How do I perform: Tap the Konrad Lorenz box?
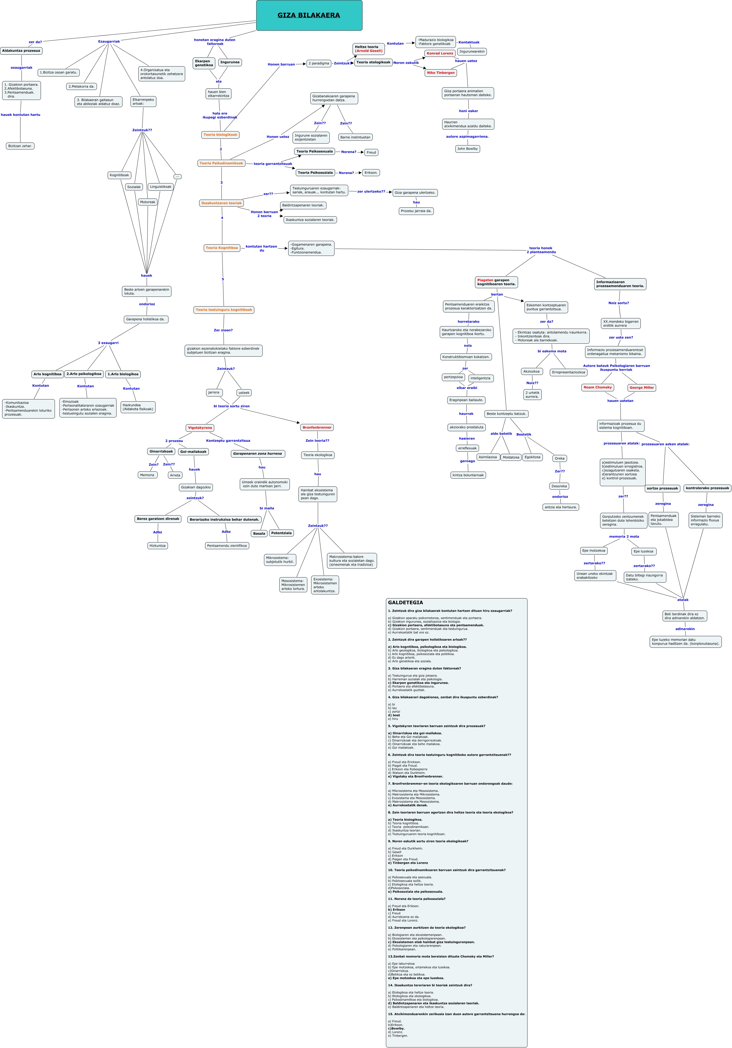coord(440,53)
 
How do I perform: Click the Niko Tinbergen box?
coord(441,72)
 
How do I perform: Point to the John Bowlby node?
coord(467,149)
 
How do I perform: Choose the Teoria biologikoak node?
coord(220,135)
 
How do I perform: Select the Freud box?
coord(371,152)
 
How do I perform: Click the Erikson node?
coord(371,173)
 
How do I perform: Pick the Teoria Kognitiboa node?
coord(222,248)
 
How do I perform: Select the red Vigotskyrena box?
coord(200,428)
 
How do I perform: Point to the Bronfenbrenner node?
coord(317,427)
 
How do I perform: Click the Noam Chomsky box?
coord(597,388)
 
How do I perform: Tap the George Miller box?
coord(641,388)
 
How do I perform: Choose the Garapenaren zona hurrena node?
coord(258,454)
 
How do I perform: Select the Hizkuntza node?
coord(157,545)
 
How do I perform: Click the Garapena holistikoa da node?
coord(146,319)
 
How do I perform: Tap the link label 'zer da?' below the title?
coord(35,42)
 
